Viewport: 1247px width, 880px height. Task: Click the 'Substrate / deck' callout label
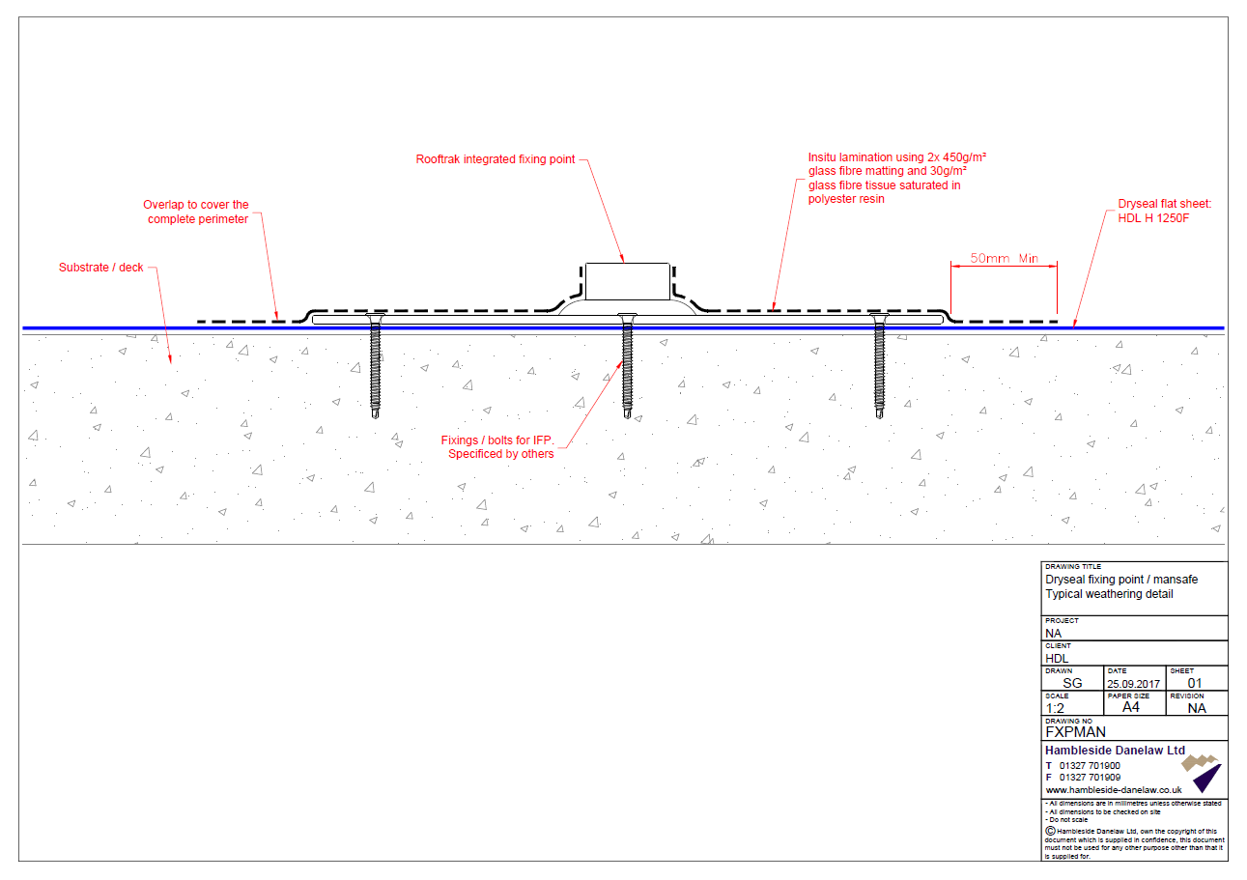100,268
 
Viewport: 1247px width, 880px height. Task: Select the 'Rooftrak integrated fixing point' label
495,159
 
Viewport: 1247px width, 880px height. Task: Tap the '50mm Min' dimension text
1004,258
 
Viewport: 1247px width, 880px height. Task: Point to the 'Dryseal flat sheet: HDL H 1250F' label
1164,211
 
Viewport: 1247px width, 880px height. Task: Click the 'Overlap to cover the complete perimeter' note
196,213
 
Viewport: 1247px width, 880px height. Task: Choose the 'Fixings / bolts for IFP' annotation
497,447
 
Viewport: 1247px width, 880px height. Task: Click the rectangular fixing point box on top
628,281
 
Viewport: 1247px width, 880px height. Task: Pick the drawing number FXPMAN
1075,732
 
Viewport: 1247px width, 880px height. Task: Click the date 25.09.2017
1133,684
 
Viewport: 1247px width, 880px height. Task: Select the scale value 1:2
1055,709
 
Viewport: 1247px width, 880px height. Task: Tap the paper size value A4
1131,707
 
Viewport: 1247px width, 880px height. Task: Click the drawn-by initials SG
1072,684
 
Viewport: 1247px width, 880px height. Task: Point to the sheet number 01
1194,684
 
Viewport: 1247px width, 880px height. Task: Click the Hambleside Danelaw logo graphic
1202,773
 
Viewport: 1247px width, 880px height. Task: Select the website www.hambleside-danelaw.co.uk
1113,790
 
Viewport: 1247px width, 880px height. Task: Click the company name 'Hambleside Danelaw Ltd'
1115,751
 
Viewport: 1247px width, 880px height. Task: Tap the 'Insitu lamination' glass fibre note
896,178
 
